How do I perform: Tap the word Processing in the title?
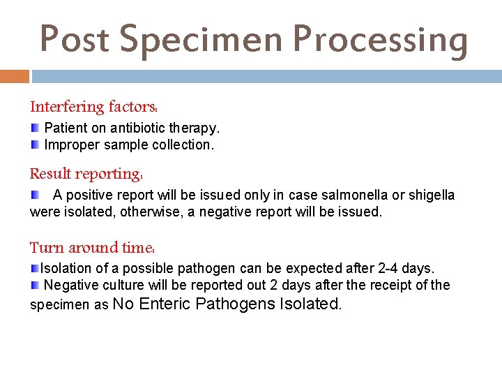[x=380, y=39]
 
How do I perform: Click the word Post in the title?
[x=75, y=39]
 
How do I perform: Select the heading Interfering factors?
[x=93, y=107]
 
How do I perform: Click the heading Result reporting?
[x=86, y=173]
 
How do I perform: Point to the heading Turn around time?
[x=92, y=247]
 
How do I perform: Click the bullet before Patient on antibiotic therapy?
[x=35, y=128]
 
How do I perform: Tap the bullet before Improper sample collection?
[x=35, y=145]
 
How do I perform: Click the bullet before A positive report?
[x=35, y=195]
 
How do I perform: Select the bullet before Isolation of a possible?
[x=35, y=268]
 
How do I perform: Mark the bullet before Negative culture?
[x=35, y=285]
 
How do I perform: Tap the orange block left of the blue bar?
[x=15, y=76]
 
